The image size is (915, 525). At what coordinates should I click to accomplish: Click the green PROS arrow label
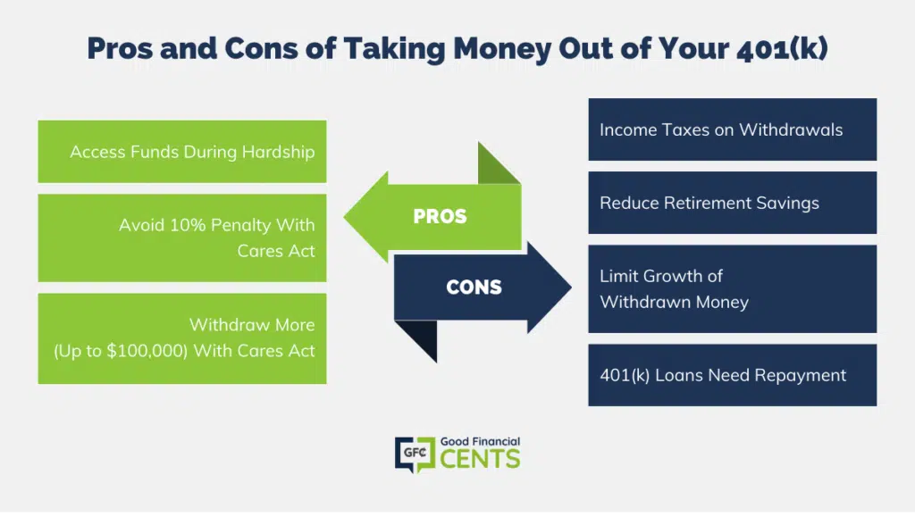(440, 216)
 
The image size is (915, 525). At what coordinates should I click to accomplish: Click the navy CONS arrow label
(474, 287)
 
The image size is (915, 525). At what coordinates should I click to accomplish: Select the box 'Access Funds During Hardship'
(182, 152)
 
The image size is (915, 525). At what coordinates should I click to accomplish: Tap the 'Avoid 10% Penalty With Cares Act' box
(182, 238)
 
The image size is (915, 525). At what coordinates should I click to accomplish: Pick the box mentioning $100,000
(182, 338)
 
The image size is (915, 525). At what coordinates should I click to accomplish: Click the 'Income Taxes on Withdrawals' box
(733, 129)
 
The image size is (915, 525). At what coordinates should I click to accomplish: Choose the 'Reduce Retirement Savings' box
(733, 203)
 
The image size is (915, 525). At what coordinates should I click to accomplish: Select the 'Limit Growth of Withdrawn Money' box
(733, 288)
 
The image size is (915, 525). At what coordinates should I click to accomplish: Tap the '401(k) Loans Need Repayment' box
(733, 375)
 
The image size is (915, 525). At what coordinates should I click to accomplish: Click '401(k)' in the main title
(782, 48)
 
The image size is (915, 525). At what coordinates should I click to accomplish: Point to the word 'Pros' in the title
(120, 48)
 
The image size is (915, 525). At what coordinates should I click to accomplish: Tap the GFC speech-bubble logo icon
(415, 454)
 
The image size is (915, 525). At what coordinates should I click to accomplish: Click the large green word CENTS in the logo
(480, 459)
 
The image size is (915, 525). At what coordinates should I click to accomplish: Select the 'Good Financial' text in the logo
(480, 442)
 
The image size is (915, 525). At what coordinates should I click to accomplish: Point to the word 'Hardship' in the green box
(279, 153)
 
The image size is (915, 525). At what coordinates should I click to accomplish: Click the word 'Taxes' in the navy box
(679, 129)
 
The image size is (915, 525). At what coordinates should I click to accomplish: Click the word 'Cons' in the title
(262, 48)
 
